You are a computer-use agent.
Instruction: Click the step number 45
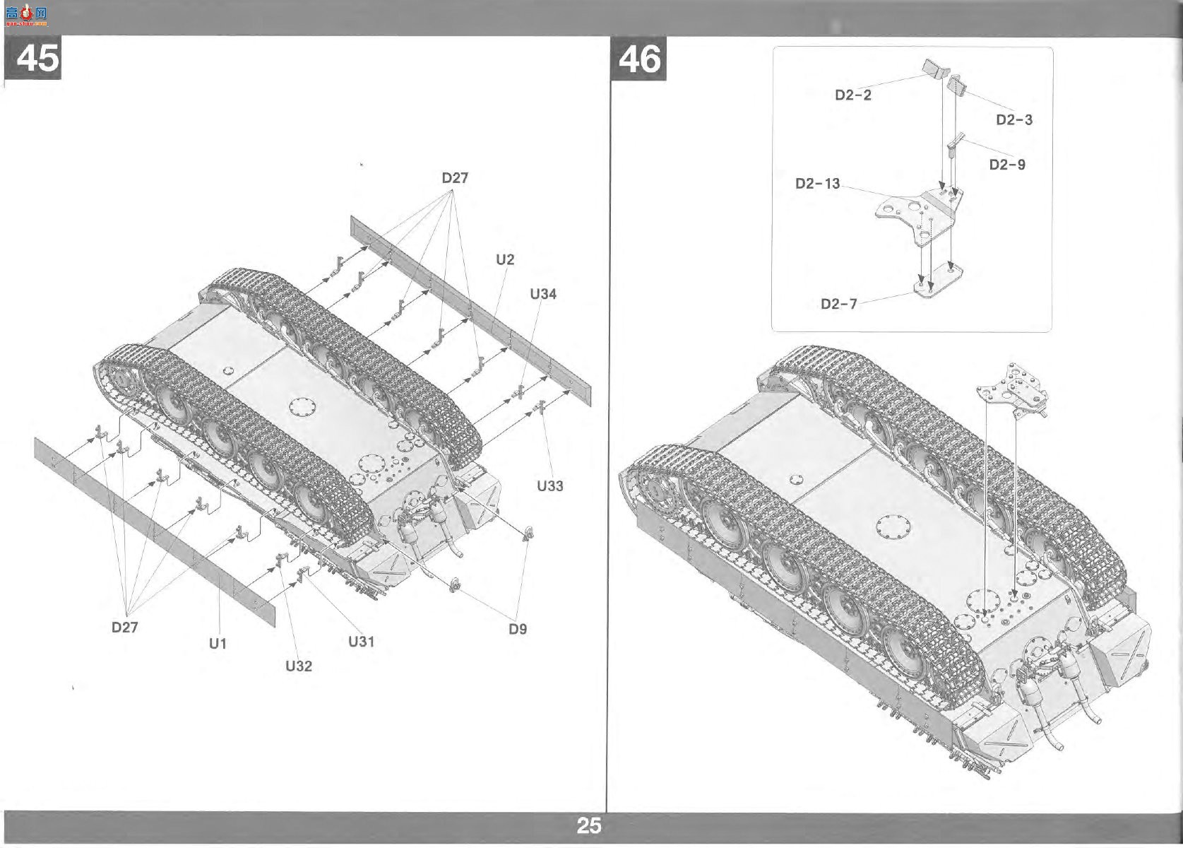click(37, 57)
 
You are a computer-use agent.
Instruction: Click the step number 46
click(639, 59)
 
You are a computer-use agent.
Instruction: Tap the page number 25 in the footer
click(589, 825)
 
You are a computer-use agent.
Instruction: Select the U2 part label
click(505, 259)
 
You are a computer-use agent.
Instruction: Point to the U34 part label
click(543, 294)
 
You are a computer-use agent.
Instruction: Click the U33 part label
click(549, 485)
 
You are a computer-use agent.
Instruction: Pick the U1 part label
click(218, 643)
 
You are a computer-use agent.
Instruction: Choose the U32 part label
click(298, 666)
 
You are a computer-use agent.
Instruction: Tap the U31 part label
click(361, 642)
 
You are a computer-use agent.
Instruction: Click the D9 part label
click(518, 629)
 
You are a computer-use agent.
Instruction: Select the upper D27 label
click(455, 178)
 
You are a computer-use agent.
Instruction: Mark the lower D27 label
click(124, 627)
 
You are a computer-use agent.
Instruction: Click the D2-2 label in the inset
click(853, 95)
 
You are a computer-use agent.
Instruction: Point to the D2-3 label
click(1014, 119)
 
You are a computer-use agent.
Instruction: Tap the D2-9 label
click(1007, 165)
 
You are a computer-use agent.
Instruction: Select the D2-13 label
click(818, 183)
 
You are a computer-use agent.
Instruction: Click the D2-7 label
click(838, 304)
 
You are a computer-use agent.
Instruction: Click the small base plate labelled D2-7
click(938, 281)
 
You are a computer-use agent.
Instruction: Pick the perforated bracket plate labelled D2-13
click(919, 217)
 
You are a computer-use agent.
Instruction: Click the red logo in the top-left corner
click(26, 16)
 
